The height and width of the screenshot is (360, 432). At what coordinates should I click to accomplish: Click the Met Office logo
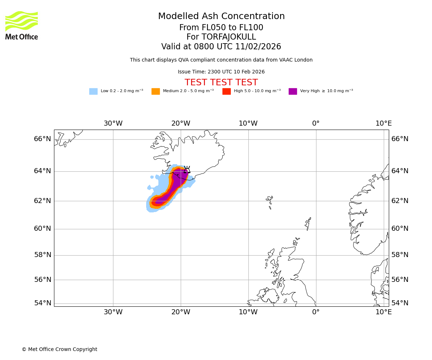tap(22, 25)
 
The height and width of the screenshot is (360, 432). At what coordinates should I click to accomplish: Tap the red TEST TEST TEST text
tap(221, 82)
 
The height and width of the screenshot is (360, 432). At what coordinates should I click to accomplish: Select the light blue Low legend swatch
tap(93, 91)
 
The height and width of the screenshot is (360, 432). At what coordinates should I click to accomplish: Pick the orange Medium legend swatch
tap(156, 91)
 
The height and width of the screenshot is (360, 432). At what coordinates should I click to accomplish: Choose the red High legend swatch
tap(226, 91)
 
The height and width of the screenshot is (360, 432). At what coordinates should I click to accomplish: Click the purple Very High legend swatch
tap(293, 91)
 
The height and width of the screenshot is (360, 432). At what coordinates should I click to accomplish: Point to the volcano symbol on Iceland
tap(187, 170)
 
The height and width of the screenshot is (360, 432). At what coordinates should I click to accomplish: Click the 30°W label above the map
tap(113, 123)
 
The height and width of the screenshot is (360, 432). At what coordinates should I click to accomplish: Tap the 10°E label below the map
tap(384, 312)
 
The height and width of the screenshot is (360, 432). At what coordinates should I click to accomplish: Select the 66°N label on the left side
tap(42, 139)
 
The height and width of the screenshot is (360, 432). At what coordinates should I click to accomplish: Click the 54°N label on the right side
tap(400, 303)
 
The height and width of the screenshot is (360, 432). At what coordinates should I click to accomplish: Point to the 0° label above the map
tap(316, 123)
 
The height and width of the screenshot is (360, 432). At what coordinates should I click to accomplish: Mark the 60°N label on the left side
tap(42, 229)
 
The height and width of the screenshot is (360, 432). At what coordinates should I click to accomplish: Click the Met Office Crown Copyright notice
tap(59, 350)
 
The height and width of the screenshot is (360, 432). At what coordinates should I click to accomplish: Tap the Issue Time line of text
tap(221, 72)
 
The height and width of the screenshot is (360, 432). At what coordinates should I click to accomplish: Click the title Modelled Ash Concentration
tap(221, 17)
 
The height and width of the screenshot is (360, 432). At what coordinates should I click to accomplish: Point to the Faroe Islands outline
tap(270, 202)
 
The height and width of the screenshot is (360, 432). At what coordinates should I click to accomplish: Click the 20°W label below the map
tap(181, 312)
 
